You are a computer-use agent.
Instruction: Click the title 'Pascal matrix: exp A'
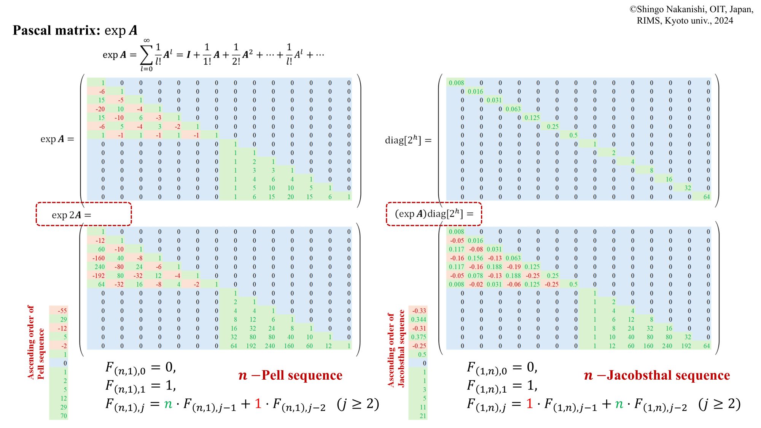click(x=75, y=30)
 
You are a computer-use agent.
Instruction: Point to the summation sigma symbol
click(x=146, y=56)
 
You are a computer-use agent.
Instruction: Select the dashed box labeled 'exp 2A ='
click(x=84, y=214)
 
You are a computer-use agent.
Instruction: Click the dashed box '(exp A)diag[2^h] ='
click(x=434, y=214)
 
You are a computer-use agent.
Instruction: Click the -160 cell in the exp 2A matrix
click(x=99, y=258)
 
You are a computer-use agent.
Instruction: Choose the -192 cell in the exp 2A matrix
click(x=99, y=276)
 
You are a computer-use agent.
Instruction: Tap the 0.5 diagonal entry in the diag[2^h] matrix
click(x=573, y=135)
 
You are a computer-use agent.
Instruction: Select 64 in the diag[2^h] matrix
click(x=706, y=197)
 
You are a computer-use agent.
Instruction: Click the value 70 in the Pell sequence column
click(x=64, y=416)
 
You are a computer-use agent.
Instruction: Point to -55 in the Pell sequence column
click(x=62, y=311)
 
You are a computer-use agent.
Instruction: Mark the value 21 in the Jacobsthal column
click(x=423, y=416)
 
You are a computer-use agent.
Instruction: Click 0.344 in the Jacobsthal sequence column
click(x=419, y=320)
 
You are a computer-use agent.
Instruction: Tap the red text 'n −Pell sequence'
click(x=290, y=375)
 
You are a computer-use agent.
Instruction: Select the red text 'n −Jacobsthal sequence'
click(x=657, y=375)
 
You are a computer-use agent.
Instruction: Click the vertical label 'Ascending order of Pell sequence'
click(x=36, y=342)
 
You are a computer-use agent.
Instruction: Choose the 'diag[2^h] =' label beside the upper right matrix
click(x=408, y=140)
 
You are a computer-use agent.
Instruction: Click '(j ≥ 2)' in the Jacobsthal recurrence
click(x=720, y=404)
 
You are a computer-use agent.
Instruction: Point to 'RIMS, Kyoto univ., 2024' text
click(x=685, y=21)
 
